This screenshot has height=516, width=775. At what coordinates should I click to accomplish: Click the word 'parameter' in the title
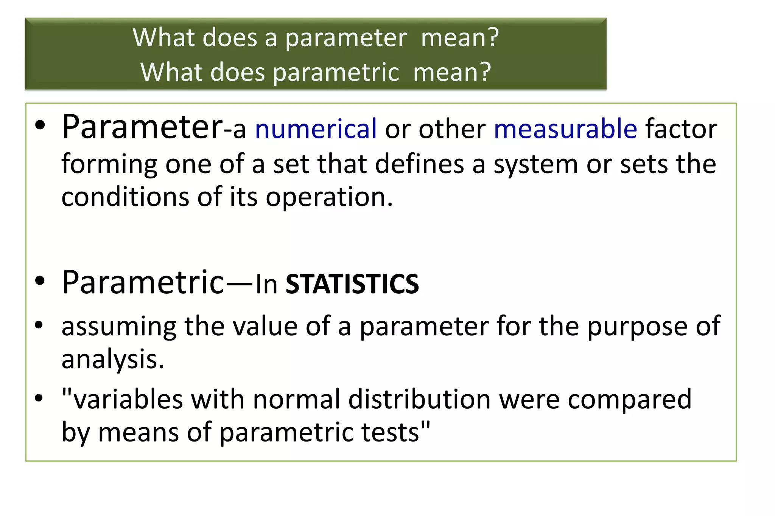coord(346,39)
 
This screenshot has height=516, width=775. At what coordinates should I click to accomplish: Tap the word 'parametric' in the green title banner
coord(336,72)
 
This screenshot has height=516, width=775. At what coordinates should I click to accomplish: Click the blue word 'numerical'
coord(316,129)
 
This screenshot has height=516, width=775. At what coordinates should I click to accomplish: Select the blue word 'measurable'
coord(565,129)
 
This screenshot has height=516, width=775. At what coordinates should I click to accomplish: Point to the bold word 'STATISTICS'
coord(352,284)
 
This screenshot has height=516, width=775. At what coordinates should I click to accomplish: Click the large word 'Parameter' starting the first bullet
coord(142,127)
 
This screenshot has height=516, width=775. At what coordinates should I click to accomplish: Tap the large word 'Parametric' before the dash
coord(143,282)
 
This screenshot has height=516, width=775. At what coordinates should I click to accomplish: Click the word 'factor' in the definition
coord(681,129)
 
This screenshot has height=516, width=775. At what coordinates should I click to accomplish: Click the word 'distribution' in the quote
coord(419,399)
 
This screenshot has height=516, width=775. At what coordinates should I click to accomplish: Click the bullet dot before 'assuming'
coord(39,325)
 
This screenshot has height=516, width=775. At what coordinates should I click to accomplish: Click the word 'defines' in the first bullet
coord(419,164)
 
